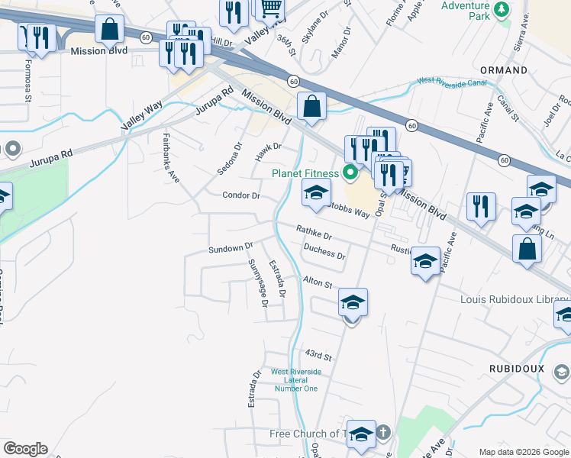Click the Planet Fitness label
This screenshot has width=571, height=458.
306,173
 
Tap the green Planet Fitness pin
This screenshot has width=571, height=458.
351,173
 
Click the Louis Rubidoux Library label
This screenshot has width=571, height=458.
515,298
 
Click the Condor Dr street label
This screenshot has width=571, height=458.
241,195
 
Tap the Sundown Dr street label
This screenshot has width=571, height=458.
230,249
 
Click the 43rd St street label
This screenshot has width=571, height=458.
319,356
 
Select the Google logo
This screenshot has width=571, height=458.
25,449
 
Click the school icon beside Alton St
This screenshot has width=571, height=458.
353,302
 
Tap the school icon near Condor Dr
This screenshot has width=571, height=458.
317,192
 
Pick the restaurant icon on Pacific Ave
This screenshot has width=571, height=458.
481,206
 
